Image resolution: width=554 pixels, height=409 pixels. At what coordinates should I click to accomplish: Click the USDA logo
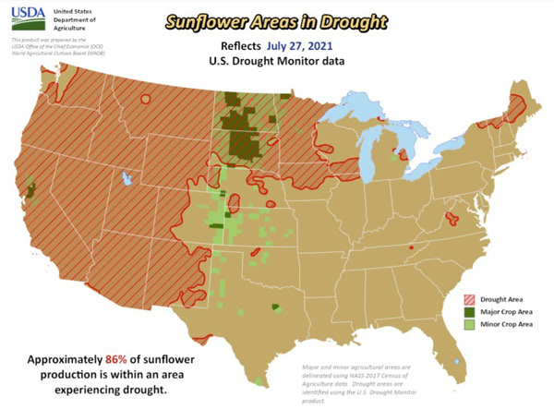coord(28,20)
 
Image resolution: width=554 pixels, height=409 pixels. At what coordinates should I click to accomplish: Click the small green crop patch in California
coord(31,190)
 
